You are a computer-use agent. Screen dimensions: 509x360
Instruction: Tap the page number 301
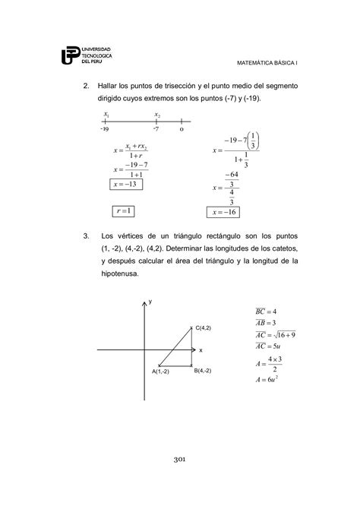pyautogui.click(x=179, y=460)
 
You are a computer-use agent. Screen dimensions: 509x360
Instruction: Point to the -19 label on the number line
pyautogui.click(x=104, y=129)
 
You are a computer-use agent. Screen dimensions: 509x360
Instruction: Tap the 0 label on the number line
pyautogui.click(x=182, y=129)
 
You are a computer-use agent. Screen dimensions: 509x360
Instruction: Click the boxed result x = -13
pyautogui.click(x=127, y=184)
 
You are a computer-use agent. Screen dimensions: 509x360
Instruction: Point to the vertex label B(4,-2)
pyautogui.click(x=202, y=370)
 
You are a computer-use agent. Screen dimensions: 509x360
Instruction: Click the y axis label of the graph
pyautogui.click(x=150, y=302)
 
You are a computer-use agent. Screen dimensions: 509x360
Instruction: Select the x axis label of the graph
pyautogui.click(x=201, y=350)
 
